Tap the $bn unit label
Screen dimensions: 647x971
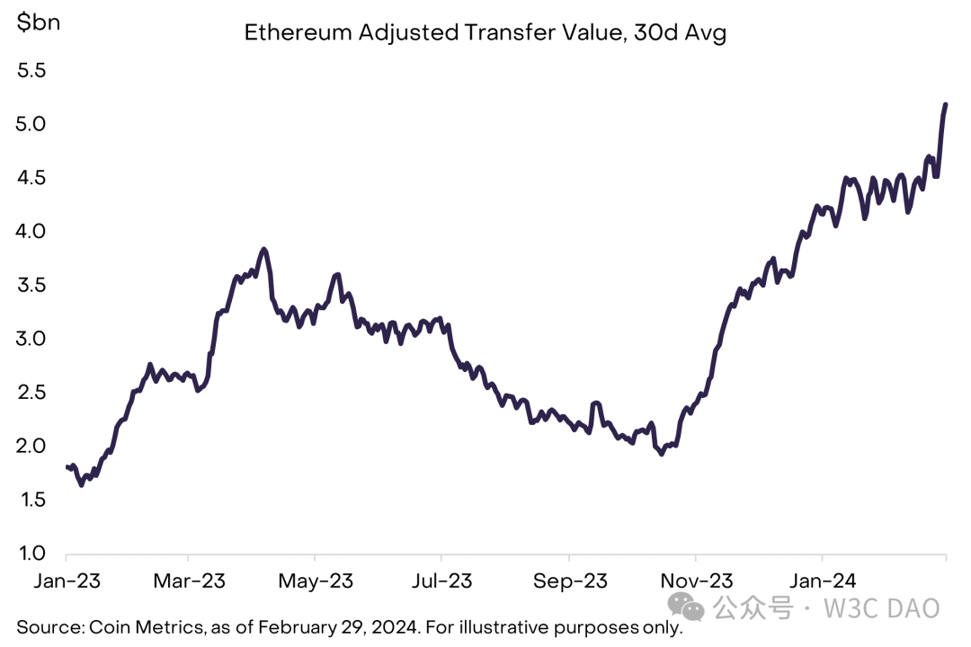pos(39,22)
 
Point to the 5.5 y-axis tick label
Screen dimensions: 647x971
pos(31,70)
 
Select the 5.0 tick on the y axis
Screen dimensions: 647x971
pos(31,124)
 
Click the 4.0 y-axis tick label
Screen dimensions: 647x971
pos(31,231)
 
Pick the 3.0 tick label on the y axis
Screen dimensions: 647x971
pos(31,339)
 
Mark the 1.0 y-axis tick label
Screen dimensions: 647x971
pos(31,554)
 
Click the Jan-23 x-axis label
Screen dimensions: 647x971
pos(67,581)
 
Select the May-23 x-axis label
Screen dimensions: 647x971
pos(316,581)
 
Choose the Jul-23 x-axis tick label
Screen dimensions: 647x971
pos(441,581)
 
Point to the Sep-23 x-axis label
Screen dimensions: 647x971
pos(569,581)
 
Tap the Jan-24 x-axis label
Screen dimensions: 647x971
pos(822,581)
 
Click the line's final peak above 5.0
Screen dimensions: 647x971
pos(946,105)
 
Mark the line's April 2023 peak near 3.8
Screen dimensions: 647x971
pos(263,249)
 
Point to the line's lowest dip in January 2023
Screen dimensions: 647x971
pos(82,485)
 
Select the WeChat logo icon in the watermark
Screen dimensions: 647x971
pos(691,608)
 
